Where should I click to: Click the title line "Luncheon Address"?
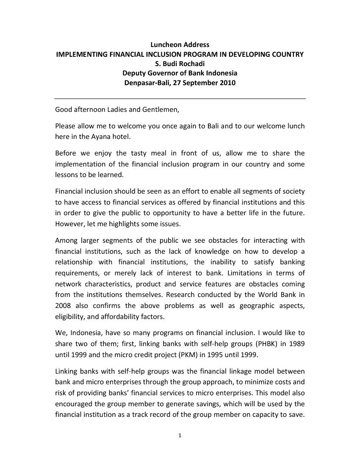click(180, 44)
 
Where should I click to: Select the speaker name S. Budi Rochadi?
click(180, 64)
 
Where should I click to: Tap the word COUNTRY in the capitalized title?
click(285, 54)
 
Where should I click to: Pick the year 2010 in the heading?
click(227, 83)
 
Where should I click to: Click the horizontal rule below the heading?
click(180, 99)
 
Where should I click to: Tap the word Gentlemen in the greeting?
click(162, 110)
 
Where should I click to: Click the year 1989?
click(296, 344)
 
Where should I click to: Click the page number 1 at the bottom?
click(180, 435)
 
